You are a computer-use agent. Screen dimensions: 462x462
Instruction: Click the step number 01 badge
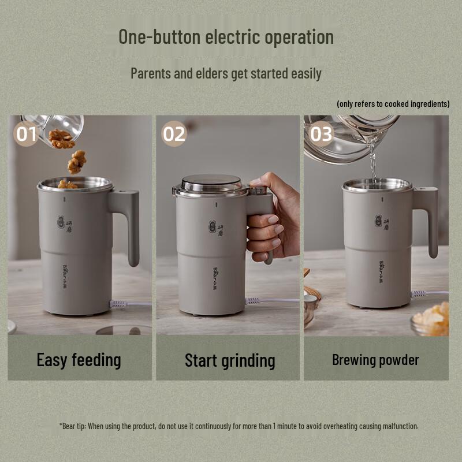(27, 134)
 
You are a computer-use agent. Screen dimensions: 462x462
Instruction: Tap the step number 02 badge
(174, 134)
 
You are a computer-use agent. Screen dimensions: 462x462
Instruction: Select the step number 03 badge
(322, 134)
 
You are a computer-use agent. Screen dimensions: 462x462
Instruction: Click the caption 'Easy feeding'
(79, 360)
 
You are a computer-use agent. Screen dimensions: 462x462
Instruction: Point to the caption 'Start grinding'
(230, 361)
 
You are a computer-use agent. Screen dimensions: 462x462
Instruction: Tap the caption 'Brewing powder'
(375, 360)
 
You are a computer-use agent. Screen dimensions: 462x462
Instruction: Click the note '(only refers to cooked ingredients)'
(393, 104)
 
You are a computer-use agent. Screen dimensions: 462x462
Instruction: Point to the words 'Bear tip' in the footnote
(73, 426)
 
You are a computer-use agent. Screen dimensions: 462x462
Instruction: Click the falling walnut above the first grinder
(76, 162)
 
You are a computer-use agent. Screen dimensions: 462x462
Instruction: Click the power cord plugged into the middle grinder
(271, 300)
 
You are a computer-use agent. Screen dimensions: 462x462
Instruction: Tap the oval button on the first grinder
(59, 223)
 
